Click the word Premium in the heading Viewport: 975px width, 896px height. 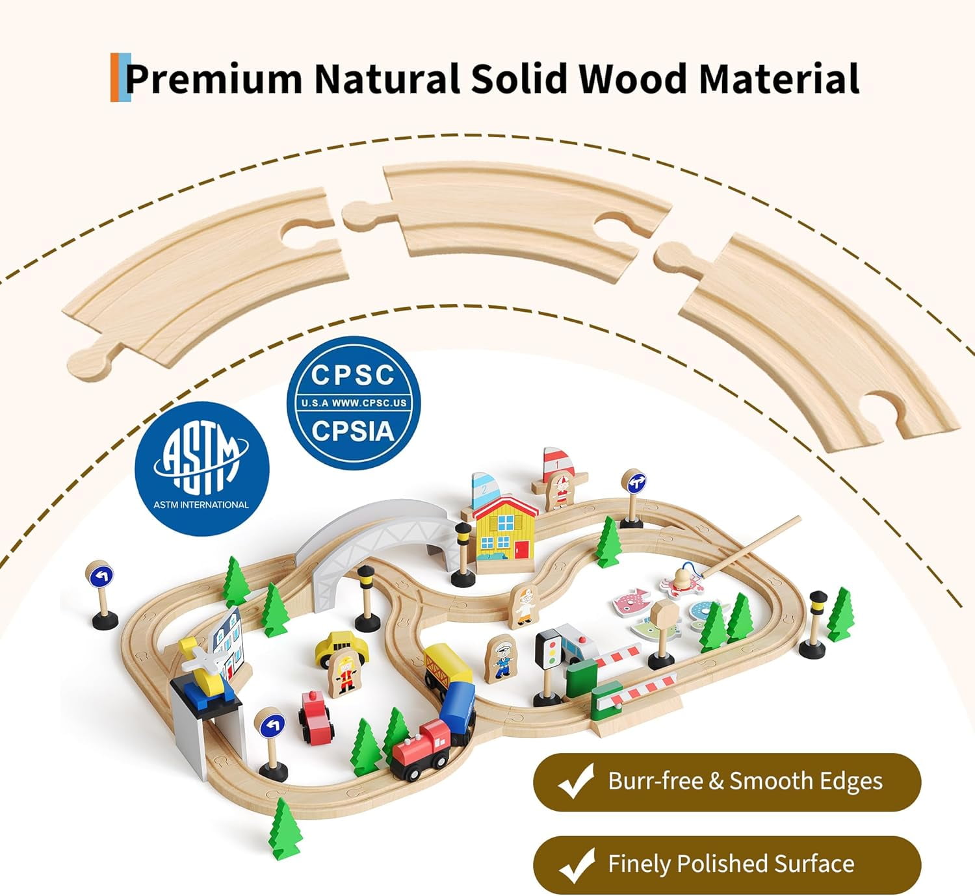pyautogui.click(x=214, y=78)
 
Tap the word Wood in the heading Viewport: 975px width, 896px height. pyautogui.click(x=632, y=78)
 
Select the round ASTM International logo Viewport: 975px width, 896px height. pyautogui.click(x=201, y=469)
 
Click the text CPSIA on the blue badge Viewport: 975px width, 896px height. pyautogui.click(x=353, y=431)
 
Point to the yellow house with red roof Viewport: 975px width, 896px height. pyautogui.click(x=506, y=535)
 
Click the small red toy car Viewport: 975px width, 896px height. pyautogui.click(x=316, y=718)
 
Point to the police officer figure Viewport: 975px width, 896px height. pyautogui.click(x=500, y=658)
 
